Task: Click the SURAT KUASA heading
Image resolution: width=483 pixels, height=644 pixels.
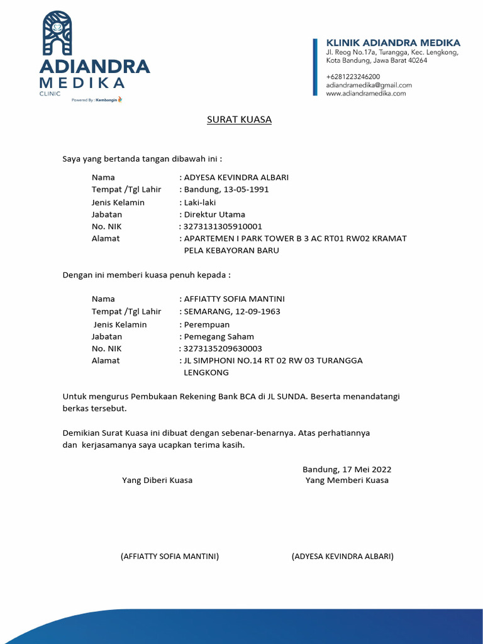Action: (239, 119)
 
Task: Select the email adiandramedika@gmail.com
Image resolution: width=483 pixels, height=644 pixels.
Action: (369, 85)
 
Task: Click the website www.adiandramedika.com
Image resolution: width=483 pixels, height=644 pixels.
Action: (365, 93)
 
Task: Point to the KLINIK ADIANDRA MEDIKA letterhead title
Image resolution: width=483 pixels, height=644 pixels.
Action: (393, 43)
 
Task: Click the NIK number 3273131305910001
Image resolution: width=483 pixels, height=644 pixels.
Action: (223, 226)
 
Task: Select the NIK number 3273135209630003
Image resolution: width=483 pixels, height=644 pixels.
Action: (223, 348)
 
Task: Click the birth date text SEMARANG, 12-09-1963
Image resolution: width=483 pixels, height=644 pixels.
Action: (231, 311)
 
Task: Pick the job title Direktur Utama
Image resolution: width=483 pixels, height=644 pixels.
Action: (214, 214)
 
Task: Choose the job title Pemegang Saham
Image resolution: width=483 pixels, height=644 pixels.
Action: (217, 336)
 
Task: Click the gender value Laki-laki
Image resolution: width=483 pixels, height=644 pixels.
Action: (200, 202)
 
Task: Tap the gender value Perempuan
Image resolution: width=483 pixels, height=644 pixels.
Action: (205, 325)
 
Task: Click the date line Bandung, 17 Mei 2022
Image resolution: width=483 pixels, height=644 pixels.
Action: (347, 469)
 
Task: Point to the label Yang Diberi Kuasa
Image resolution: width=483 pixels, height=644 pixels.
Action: (157, 480)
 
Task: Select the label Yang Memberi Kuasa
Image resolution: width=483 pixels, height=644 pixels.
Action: (347, 480)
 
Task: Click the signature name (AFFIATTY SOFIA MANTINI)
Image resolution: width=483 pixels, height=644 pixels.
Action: (169, 557)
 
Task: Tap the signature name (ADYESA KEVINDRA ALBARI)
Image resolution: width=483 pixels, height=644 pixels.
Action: (343, 557)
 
